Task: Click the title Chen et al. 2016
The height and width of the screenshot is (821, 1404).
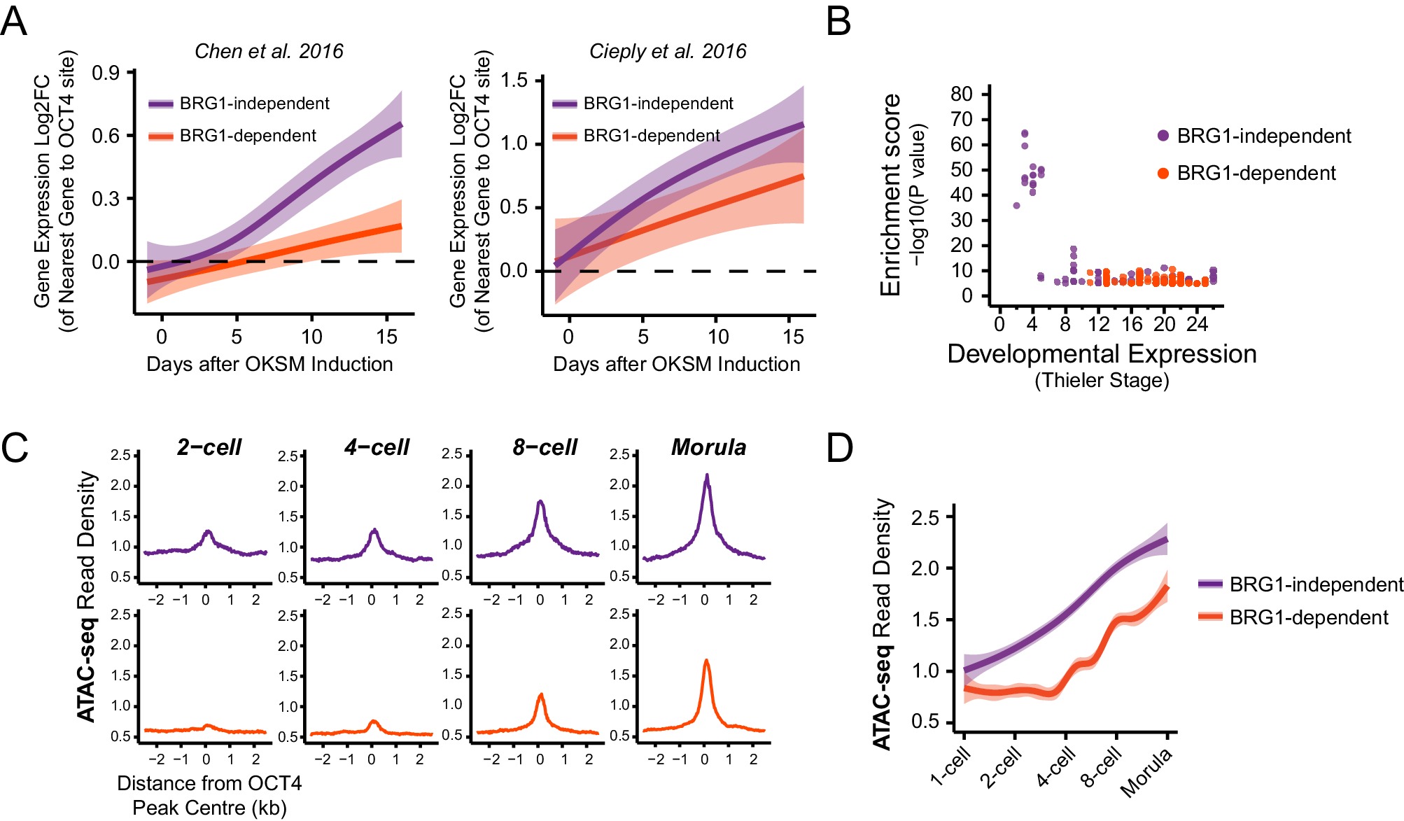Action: [x=269, y=51]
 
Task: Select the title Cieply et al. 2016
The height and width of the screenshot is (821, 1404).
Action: [x=668, y=51]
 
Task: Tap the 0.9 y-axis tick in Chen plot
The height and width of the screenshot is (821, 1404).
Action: [x=106, y=73]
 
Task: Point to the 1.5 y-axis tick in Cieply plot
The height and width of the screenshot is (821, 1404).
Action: [x=514, y=80]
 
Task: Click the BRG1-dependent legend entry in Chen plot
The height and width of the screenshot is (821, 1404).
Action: [x=232, y=136]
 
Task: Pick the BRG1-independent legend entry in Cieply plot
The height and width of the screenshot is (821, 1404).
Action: [x=643, y=104]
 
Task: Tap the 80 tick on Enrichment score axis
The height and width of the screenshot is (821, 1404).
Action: [x=962, y=94]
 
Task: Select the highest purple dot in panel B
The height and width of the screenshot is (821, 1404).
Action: [x=1025, y=134]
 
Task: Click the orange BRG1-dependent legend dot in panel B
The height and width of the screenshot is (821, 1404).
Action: [x=1163, y=174]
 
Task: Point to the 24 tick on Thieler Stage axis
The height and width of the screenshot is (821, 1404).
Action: [x=1197, y=324]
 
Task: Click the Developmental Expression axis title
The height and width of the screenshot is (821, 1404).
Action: [x=1102, y=354]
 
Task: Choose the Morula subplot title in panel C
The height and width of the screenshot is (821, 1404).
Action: [x=708, y=447]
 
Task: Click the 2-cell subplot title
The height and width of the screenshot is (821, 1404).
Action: [x=209, y=447]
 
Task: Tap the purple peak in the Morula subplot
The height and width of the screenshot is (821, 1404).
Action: [x=707, y=477]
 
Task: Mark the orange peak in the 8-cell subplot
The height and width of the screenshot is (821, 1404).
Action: [x=540, y=695]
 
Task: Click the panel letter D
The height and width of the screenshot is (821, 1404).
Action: [x=840, y=448]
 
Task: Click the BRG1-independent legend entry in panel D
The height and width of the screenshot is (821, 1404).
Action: [x=1300, y=584]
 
